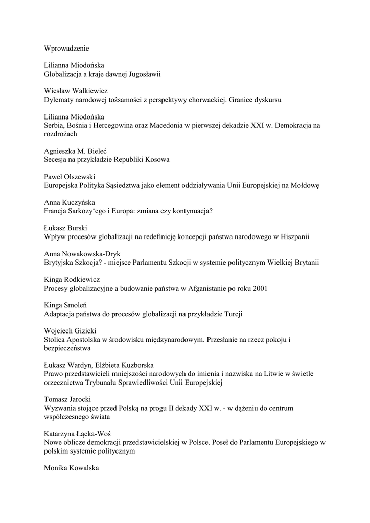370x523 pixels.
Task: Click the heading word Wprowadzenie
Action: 66,49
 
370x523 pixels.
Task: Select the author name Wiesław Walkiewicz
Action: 79,91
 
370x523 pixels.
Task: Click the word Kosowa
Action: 158,159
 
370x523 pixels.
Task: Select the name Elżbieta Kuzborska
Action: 123,365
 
